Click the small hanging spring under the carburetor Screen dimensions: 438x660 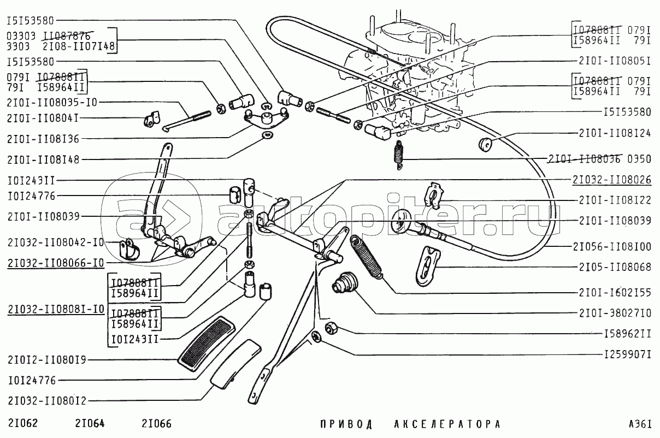pos(399,154)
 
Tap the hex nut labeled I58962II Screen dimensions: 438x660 pos(331,328)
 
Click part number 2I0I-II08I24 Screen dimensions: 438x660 pos(615,133)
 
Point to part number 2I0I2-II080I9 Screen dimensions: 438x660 pos(47,359)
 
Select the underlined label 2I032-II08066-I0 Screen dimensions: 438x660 pos(56,263)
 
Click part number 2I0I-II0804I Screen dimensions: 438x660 pos(43,118)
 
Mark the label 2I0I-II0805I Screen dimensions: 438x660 pos(615,61)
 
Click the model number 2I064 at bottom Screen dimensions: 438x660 pos(90,423)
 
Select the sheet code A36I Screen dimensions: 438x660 pos(640,424)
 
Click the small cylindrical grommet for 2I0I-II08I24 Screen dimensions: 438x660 pos(485,145)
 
